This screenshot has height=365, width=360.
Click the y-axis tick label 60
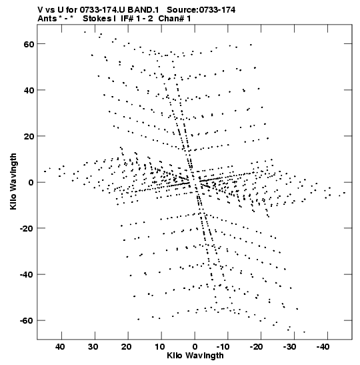pos(29,44)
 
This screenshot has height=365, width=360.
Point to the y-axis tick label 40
pos(29,90)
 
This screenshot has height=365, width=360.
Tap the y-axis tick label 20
pos(29,136)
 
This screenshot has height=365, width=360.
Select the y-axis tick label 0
pos(31,182)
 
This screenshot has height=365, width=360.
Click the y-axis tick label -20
pos(27,228)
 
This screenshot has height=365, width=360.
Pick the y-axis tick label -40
pos(27,274)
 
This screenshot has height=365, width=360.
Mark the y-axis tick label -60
pos(27,320)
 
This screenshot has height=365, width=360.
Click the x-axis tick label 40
pos(60,347)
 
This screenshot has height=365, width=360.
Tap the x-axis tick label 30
pos(93,347)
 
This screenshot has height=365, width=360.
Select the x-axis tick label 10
pos(160,347)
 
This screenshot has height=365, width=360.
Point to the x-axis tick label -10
pos(223,347)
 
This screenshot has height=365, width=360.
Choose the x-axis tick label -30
pos(289,347)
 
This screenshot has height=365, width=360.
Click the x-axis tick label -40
pos(323,347)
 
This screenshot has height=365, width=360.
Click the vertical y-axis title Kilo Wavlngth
pos(13,181)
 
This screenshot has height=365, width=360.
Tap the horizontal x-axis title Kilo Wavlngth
pos(195,356)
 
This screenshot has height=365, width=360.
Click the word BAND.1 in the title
pos(143,10)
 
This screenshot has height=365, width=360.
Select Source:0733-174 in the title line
pos(201,10)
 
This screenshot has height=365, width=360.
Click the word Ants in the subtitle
pos(47,19)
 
